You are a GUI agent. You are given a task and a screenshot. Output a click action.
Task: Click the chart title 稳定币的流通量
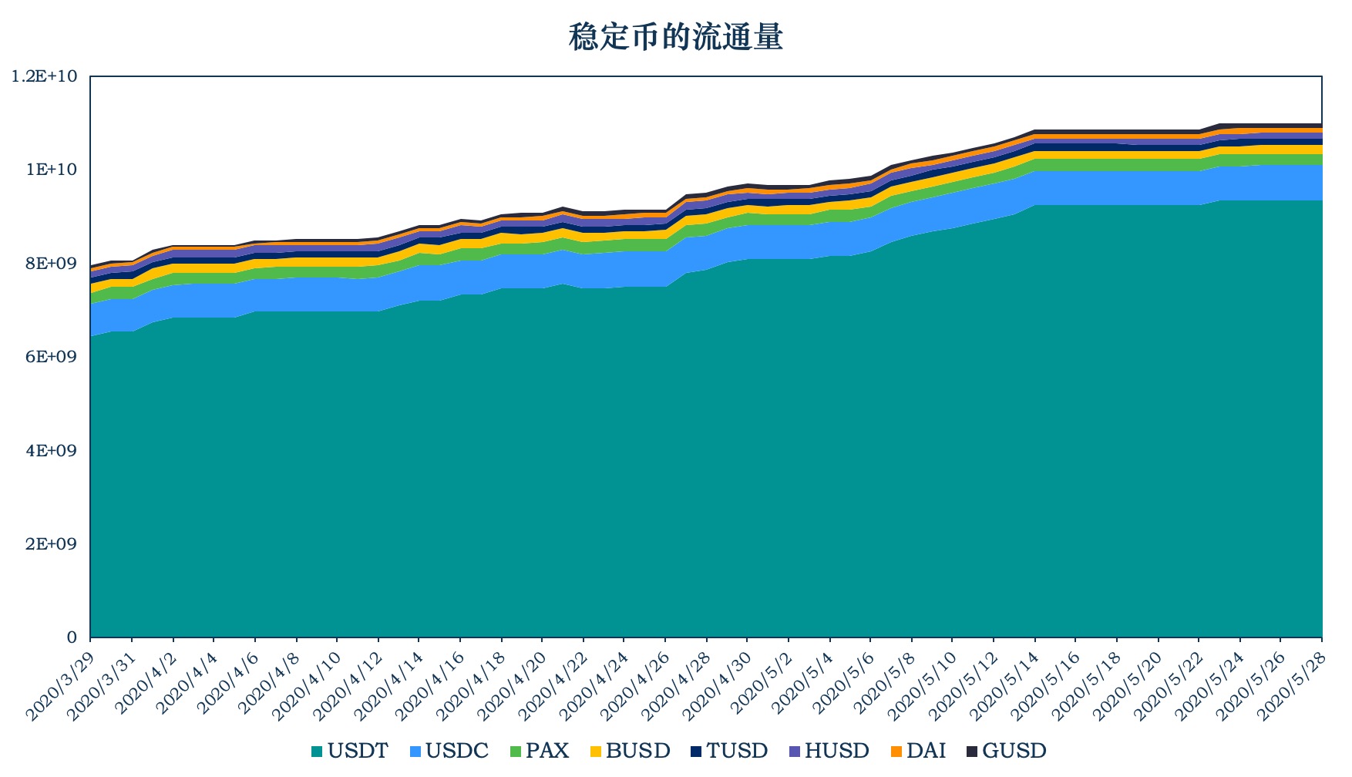click(675, 37)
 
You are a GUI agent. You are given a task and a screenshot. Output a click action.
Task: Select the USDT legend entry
click(349, 751)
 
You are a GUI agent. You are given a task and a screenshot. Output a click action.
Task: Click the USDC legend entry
click(449, 751)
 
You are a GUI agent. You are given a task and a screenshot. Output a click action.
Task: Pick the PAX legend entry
click(540, 751)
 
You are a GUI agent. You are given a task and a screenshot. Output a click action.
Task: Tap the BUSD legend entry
click(630, 751)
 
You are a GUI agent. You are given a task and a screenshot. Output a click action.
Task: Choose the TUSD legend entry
click(729, 751)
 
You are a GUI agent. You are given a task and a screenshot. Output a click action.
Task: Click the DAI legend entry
click(918, 751)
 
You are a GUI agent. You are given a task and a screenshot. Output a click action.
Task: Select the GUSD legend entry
click(1007, 751)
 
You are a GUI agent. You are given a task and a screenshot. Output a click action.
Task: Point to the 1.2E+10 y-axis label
click(45, 76)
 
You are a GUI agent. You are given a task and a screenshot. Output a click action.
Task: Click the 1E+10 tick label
click(52, 170)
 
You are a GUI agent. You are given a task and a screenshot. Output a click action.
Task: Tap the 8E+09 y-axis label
click(52, 264)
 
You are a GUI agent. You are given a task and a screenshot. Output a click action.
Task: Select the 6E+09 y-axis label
click(52, 357)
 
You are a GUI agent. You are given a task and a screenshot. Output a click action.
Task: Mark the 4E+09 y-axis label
click(52, 450)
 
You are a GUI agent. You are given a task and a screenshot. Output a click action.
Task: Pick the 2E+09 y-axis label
click(52, 544)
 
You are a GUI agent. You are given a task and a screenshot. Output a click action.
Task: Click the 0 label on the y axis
click(72, 637)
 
